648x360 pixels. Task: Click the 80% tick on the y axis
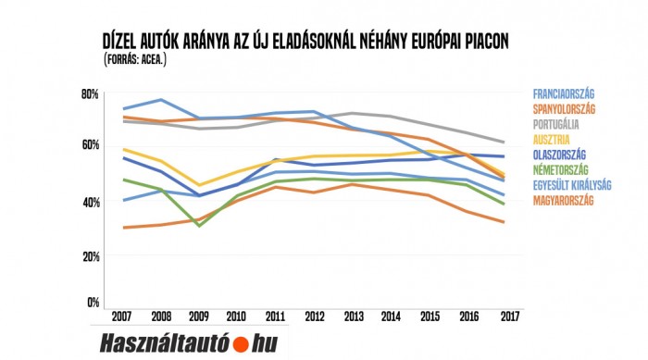click(x=90, y=94)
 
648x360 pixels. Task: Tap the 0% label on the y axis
click(x=93, y=302)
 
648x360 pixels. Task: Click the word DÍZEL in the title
click(x=125, y=43)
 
